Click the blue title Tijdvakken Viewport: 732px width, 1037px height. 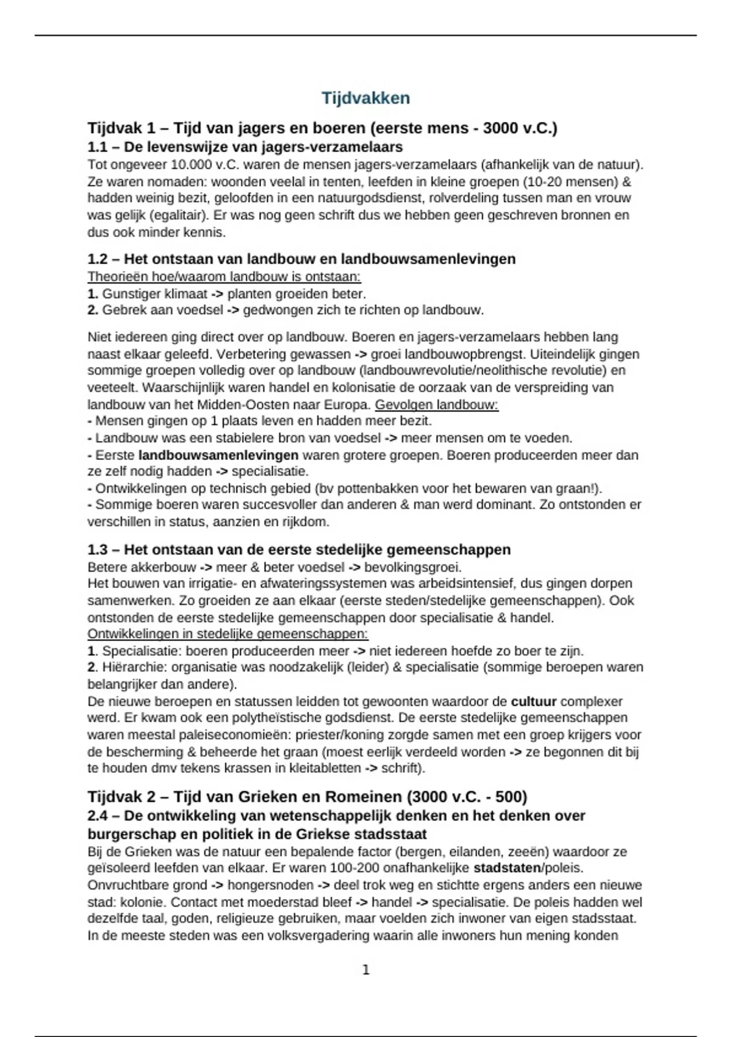(365, 98)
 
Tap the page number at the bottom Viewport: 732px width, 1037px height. (366, 970)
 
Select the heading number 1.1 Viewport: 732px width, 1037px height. (97, 147)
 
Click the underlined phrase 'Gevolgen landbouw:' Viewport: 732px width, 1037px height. (437, 404)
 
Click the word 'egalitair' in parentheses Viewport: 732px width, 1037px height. (176, 215)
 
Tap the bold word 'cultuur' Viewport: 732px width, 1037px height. (533, 701)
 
